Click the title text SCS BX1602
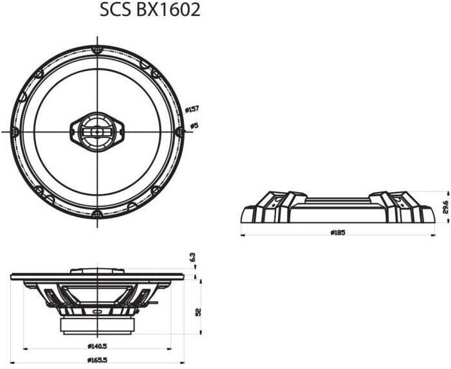click(x=150, y=10)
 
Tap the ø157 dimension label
click(x=192, y=110)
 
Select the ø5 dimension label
click(x=195, y=126)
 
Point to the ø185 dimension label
click(x=338, y=233)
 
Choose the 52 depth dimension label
click(x=198, y=311)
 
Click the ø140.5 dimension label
click(x=97, y=347)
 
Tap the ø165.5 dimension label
click(x=97, y=360)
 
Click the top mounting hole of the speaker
click(x=97, y=51)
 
